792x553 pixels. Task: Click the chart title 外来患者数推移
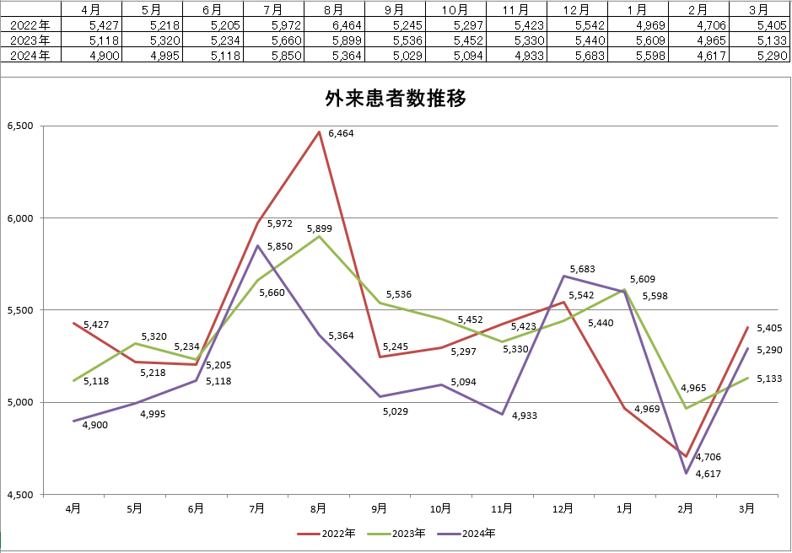[x=396, y=99]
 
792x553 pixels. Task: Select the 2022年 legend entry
[x=330, y=534]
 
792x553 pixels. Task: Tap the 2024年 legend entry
[x=469, y=534]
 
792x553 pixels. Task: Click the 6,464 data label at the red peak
[x=342, y=133]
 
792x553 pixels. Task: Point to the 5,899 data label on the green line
[x=320, y=228]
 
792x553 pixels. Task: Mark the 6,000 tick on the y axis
[x=19, y=218]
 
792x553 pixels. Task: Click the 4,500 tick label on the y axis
[x=19, y=495]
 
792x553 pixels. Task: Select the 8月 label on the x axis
[x=319, y=508]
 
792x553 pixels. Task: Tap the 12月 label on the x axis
[x=563, y=508]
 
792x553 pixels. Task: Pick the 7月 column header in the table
[x=272, y=10]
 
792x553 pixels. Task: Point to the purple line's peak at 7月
[x=257, y=245]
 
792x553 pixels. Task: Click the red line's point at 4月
[x=74, y=323]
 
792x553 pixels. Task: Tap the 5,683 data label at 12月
[x=583, y=270]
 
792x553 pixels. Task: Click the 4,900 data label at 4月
[x=94, y=425]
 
